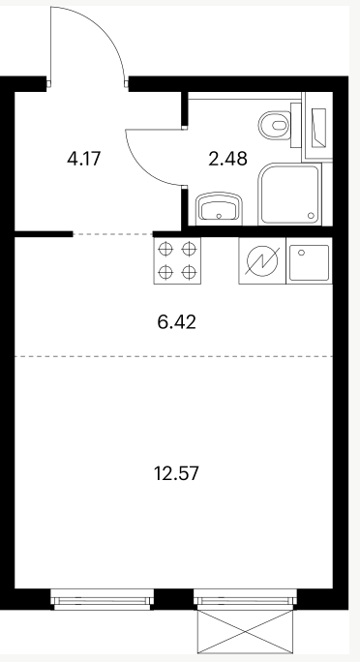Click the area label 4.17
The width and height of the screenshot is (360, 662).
click(84, 159)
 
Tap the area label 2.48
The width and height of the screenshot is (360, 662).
click(227, 159)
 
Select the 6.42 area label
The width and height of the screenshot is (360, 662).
click(177, 322)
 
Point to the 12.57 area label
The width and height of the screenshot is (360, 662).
click(176, 473)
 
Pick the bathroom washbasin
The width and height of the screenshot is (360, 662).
click(220, 208)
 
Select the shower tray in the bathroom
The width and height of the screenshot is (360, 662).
click(289, 194)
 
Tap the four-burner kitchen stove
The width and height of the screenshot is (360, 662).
click(177, 260)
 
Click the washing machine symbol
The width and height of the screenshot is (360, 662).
click(262, 261)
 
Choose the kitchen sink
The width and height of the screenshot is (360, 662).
click(309, 261)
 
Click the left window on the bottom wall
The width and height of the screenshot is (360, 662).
click(103, 599)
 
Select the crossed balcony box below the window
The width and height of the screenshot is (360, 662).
click(245, 632)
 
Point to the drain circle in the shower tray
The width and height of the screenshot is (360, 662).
click(312, 215)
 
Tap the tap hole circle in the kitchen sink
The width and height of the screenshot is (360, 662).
click(301, 253)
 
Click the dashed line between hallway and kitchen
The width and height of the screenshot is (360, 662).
click(112, 234)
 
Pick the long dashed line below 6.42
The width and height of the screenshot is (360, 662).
click(173, 356)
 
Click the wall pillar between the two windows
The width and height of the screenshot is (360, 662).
click(174, 599)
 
